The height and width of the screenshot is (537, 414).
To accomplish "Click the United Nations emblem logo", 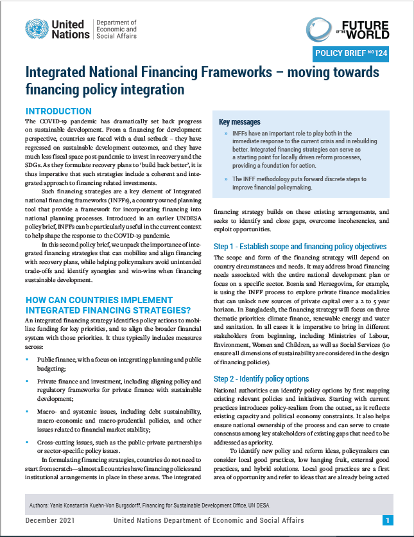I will point(37,30).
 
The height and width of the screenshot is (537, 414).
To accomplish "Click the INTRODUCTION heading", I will point(58,111).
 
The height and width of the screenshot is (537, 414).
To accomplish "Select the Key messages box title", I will point(239,121).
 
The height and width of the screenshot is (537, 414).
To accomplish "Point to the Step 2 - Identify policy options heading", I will point(261,378).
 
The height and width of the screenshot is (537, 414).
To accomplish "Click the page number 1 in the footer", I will point(388,520).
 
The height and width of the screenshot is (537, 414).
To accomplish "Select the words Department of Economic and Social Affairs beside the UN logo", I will point(116,30).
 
